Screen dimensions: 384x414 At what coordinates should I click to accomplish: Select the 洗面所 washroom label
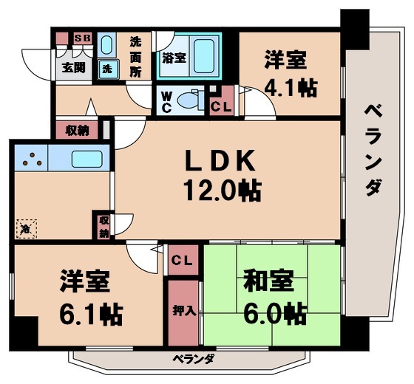pyautogui.click(x=135, y=57)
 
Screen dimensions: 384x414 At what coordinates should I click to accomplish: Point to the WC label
pyautogui.click(x=166, y=100)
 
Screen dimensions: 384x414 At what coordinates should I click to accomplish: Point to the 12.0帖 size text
pyautogui.click(x=219, y=191)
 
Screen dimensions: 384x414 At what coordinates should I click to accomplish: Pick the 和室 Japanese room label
pyautogui.click(x=269, y=283)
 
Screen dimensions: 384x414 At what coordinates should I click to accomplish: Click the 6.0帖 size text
pyautogui.click(x=273, y=314)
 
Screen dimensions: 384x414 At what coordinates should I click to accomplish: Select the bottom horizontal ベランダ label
pyautogui.click(x=194, y=360)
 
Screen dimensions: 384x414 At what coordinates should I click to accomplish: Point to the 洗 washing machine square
pyautogui.click(x=107, y=69)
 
